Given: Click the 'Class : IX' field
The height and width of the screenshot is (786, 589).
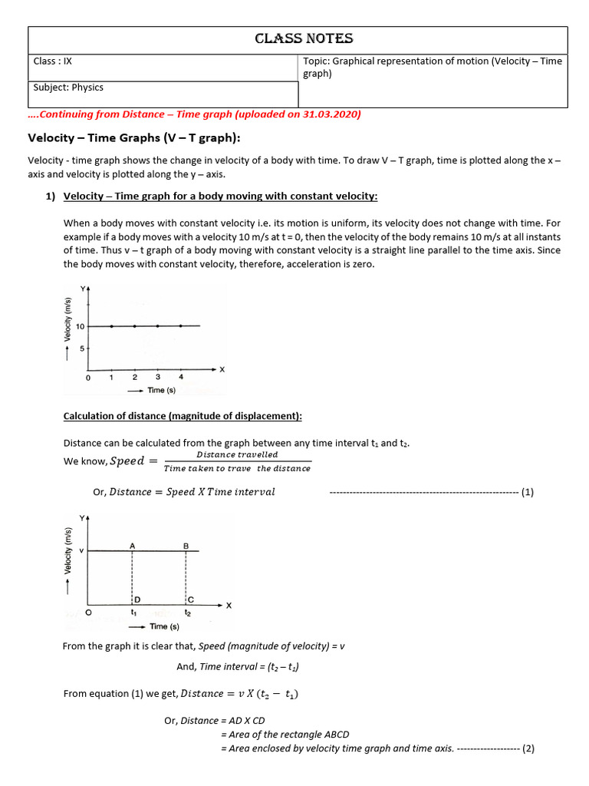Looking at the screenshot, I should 53,61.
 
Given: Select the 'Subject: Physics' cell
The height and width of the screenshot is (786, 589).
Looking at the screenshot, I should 68,88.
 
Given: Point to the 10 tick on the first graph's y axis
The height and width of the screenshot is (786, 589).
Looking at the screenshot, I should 80,326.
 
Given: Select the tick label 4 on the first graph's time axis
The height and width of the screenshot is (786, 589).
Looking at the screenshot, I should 181,378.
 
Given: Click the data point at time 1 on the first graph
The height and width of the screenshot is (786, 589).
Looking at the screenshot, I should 112,326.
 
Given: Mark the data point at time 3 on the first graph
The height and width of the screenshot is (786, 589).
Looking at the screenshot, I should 158,326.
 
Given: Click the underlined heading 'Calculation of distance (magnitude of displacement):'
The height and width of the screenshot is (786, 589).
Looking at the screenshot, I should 183,416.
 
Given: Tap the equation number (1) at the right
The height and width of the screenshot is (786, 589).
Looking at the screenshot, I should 527,492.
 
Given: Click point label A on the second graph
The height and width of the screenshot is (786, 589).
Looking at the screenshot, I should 133,545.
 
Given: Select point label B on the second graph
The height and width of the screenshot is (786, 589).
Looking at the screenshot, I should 186,545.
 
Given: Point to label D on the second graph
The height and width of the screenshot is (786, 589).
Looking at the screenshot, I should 137,599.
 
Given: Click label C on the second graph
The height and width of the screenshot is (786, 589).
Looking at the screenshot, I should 191,599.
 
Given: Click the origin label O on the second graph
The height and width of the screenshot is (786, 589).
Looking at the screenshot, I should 89,613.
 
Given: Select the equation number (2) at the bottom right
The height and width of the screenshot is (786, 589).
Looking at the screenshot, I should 527,748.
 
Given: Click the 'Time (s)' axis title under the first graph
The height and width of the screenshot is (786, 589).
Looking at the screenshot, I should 161,391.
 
